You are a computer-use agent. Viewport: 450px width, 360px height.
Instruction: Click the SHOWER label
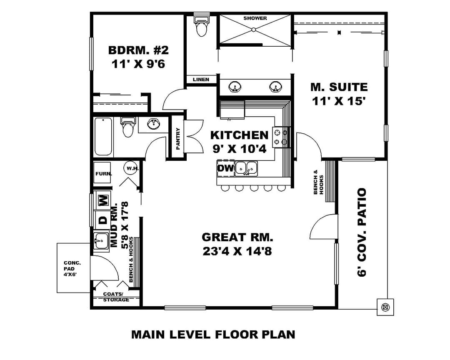pos(255,18)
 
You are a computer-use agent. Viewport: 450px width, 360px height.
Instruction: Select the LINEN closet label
pos(201,80)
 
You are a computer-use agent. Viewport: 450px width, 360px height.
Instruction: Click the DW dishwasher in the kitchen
pos(225,168)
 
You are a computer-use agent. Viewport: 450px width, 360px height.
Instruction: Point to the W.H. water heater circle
pos(132,168)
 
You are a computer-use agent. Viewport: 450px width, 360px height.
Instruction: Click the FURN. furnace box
pos(103,173)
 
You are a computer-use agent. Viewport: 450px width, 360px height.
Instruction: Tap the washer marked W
pos(104,199)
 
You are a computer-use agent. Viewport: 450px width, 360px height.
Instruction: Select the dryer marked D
pos(103,220)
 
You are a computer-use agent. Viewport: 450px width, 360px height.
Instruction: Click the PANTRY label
pos(178,139)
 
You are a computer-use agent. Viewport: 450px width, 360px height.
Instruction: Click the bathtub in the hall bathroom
pos(103,136)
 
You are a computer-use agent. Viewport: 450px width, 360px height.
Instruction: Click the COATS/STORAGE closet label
pos(116,297)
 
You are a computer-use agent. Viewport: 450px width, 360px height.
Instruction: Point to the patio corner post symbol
pos(385,307)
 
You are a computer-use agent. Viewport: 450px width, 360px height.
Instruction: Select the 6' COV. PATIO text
pos(362,232)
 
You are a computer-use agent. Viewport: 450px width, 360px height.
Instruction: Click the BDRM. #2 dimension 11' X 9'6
pos(138,64)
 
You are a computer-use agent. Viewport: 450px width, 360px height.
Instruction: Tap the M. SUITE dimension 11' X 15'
pos(339,101)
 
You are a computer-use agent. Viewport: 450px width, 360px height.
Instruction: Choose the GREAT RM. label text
pos(237,237)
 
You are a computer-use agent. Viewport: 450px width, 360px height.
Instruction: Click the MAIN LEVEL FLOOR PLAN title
pos(213,335)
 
